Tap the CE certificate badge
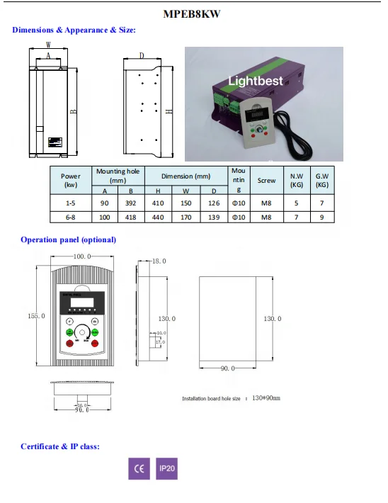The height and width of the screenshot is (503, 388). (x=139, y=469)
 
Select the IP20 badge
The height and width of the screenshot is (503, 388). (x=166, y=469)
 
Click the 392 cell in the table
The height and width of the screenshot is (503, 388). (x=130, y=203)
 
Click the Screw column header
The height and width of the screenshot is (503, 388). (x=267, y=181)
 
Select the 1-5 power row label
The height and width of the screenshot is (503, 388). (x=71, y=203)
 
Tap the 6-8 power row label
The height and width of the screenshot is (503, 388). (x=71, y=217)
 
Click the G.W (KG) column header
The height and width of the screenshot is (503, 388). (x=322, y=180)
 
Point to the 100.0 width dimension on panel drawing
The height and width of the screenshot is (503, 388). (x=84, y=256)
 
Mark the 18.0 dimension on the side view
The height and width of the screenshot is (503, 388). (x=159, y=261)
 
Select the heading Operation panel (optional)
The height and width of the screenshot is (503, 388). (x=68, y=239)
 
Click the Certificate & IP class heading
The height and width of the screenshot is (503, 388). (x=59, y=446)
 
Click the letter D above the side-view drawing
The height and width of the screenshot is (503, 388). (x=142, y=55)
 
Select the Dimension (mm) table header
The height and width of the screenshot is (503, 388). (x=186, y=176)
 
